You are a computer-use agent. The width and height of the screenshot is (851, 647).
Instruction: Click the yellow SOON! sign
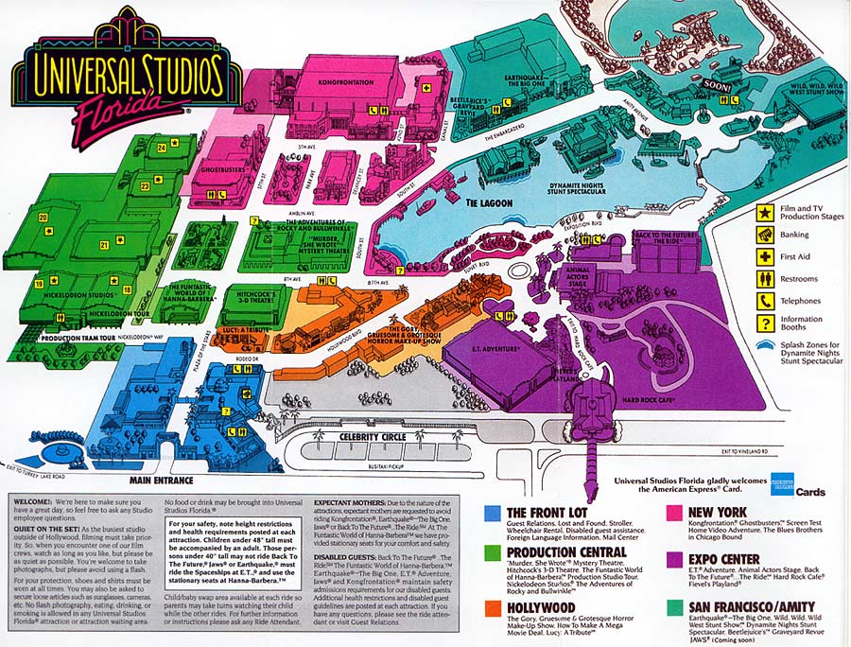[x=718, y=85]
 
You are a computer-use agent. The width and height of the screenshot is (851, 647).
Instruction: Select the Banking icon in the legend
[x=763, y=234]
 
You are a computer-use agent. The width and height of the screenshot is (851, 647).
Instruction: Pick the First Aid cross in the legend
[x=763, y=256]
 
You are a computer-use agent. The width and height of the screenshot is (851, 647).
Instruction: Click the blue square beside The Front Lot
[x=491, y=513]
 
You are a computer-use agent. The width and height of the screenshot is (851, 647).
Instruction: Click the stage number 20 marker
[x=43, y=218]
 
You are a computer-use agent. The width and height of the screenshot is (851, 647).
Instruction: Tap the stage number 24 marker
[x=162, y=148]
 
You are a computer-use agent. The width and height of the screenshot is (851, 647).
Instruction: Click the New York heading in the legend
[x=719, y=512]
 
